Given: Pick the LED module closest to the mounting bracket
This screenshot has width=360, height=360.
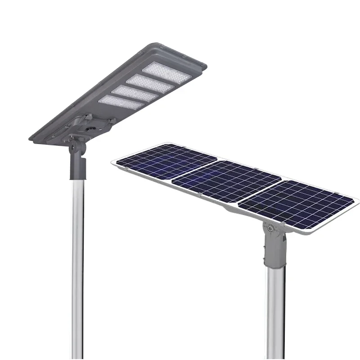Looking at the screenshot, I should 121,103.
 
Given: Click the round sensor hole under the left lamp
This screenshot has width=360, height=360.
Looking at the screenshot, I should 93,128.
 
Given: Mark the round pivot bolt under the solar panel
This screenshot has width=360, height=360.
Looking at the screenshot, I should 270,229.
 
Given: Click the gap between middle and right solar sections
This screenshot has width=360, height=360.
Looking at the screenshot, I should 259,191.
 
